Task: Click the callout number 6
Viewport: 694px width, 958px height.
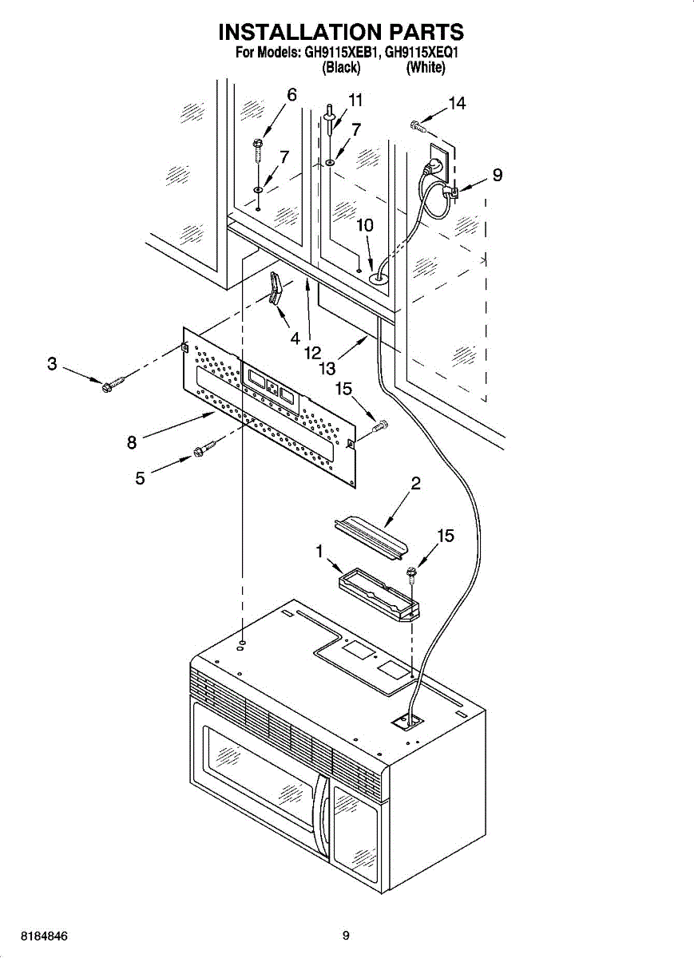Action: click(x=291, y=95)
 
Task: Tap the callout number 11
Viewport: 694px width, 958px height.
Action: click(x=355, y=101)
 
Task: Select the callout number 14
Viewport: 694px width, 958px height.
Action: click(x=457, y=103)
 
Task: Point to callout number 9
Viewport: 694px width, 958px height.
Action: click(x=497, y=175)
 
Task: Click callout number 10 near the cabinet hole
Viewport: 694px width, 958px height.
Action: click(x=364, y=226)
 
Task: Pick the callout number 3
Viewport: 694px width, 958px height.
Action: click(x=52, y=364)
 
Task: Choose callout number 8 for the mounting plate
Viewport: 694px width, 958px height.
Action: click(x=132, y=441)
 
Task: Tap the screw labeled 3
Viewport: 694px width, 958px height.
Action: click(x=111, y=386)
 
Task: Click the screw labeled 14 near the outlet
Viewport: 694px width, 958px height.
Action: click(x=415, y=124)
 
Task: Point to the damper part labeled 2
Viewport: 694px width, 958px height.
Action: click(x=371, y=532)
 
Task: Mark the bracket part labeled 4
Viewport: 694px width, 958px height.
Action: click(x=276, y=287)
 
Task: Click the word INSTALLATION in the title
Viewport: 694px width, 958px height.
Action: click(x=299, y=32)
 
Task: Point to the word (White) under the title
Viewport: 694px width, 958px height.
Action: click(x=425, y=68)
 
